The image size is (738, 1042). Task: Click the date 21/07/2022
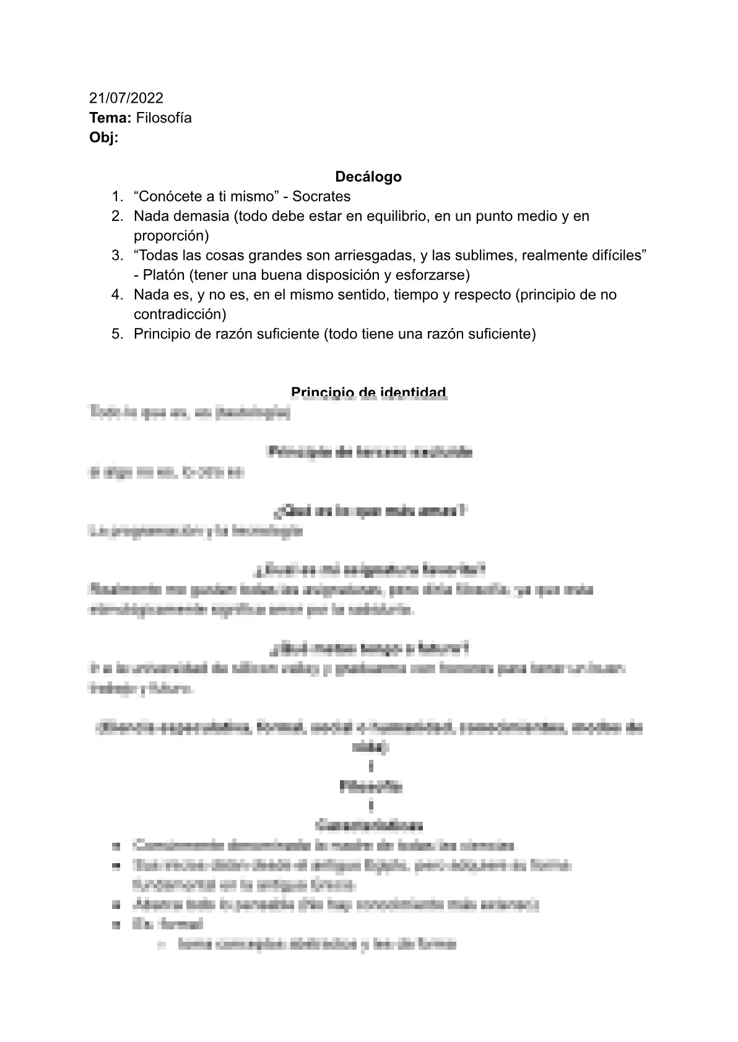pyautogui.click(x=126, y=98)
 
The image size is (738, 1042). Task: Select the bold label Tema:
pyautogui.click(x=110, y=118)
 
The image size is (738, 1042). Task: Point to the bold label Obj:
pyautogui.click(x=103, y=137)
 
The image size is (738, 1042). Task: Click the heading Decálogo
pyautogui.click(x=368, y=176)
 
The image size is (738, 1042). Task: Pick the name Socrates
pyautogui.click(x=321, y=196)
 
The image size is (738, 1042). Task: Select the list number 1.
pyautogui.click(x=116, y=196)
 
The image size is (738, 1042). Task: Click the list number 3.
pyautogui.click(x=116, y=255)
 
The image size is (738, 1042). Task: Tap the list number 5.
pyautogui.click(x=116, y=334)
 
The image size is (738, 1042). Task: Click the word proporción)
pyautogui.click(x=171, y=235)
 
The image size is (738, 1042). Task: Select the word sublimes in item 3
pyautogui.click(x=477, y=255)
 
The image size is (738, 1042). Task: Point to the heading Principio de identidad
pyautogui.click(x=368, y=392)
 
